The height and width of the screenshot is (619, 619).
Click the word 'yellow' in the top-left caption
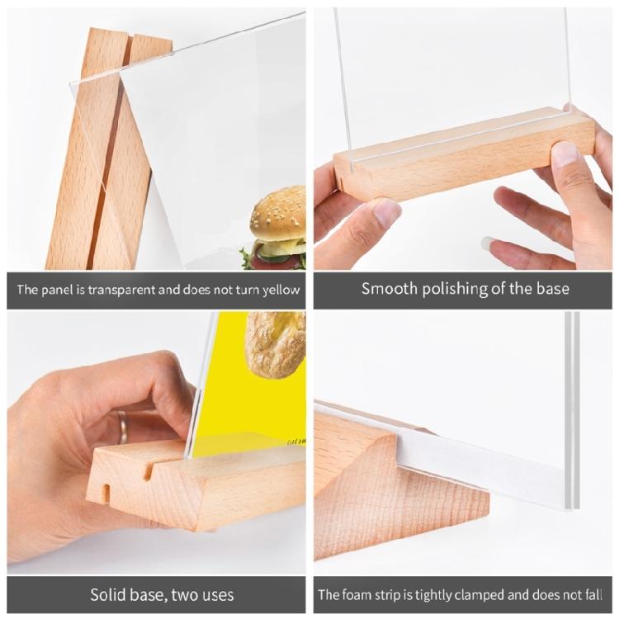278,290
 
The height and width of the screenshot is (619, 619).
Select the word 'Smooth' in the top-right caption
389,289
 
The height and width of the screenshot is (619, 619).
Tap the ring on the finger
122,426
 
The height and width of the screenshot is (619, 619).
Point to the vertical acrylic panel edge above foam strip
571,396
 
